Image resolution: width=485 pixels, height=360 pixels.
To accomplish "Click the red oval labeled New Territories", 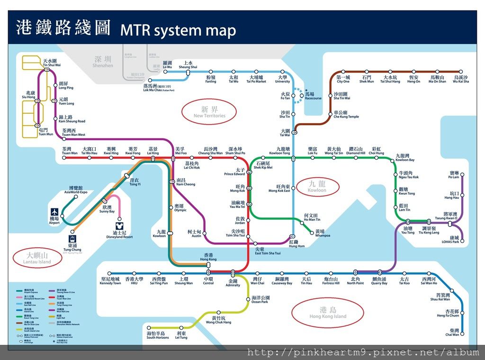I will point(209,112).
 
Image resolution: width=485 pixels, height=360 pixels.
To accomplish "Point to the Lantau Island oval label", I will point(37,258).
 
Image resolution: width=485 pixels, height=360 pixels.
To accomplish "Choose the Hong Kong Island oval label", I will point(328,313).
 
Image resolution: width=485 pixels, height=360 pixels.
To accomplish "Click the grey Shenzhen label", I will point(103,62).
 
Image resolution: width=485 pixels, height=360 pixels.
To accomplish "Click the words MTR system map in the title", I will point(178,30).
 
